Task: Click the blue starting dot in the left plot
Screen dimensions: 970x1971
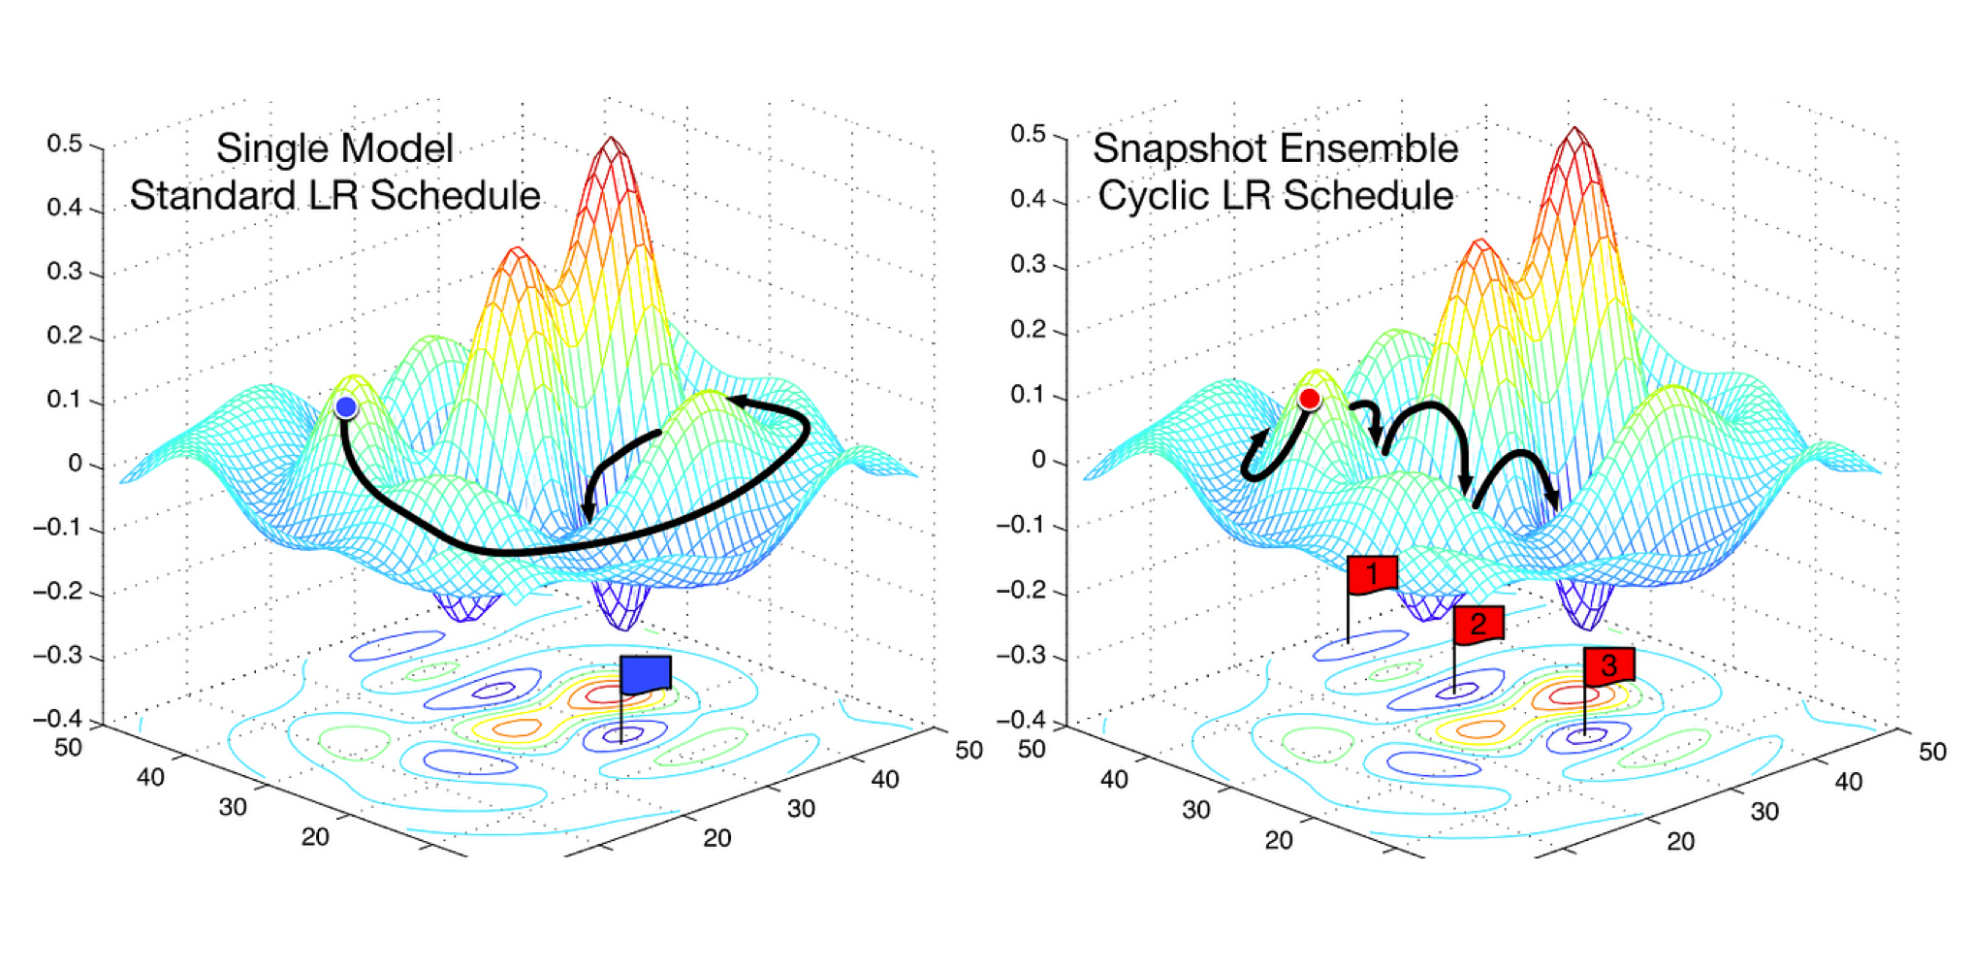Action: click(346, 406)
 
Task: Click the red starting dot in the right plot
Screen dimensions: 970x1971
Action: click(1310, 399)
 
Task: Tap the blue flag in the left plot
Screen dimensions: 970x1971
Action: click(646, 673)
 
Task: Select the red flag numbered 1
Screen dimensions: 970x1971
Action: click(1372, 574)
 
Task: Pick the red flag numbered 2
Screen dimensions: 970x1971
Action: click(1478, 624)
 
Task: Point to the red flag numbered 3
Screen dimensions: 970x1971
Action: click(1609, 665)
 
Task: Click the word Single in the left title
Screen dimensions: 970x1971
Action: click(258, 149)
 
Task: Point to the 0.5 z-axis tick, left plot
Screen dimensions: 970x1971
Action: click(65, 144)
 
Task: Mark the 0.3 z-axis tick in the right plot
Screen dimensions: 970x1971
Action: click(1029, 264)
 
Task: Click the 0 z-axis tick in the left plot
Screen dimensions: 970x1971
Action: click(75, 464)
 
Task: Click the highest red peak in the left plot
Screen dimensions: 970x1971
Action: click(611, 144)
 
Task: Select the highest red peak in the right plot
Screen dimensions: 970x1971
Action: click(1574, 134)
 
